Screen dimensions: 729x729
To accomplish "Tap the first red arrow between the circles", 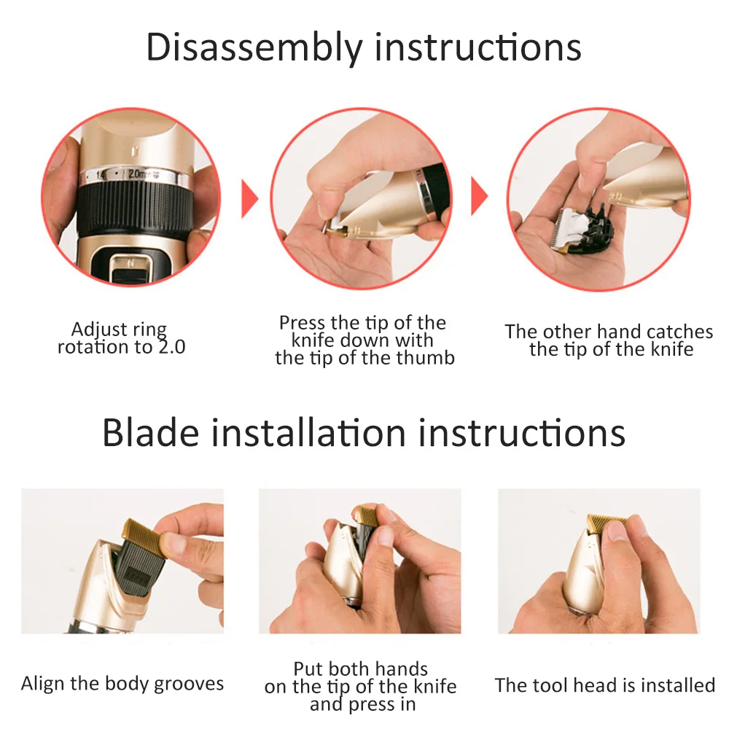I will [250, 197].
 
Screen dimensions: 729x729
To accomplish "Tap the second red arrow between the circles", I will [479, 197].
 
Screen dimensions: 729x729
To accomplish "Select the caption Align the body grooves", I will [122, 684].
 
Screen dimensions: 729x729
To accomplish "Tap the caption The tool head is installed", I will [605, 685].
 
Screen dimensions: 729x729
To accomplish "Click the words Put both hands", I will [360, 668].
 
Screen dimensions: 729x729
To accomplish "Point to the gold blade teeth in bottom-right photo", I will [607, 522].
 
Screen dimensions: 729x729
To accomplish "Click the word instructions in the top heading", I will [478, 47].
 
